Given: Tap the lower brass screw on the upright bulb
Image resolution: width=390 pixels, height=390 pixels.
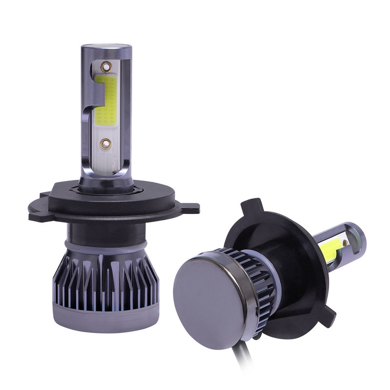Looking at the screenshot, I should click(103, 142).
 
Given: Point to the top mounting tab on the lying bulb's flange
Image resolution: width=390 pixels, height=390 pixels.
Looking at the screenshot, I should click(251, 205).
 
